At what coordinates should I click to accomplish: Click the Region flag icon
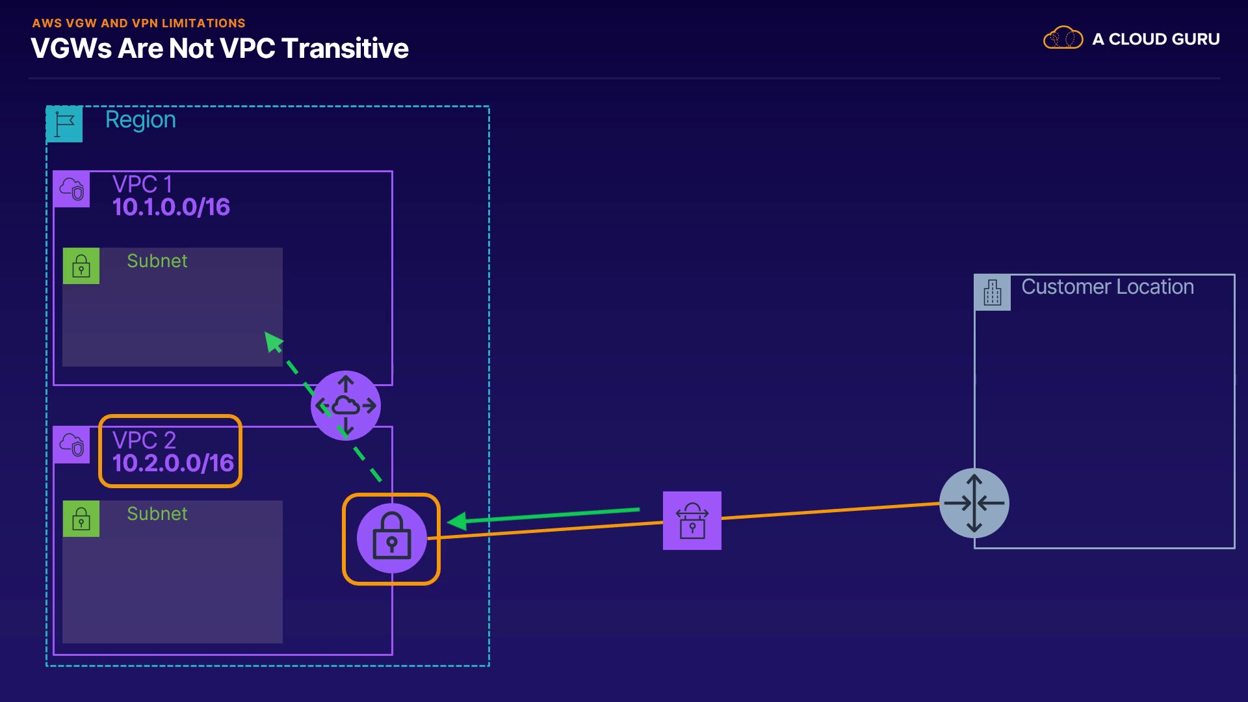[x=64, y=123]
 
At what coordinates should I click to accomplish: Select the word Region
[x=140, y=120]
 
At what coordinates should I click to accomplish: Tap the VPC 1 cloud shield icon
[x=71, y=189]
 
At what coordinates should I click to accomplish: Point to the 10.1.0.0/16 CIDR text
[x=171, y=207]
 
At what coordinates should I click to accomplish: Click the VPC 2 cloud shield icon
[x=71, y=445]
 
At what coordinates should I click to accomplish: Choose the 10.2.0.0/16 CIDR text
[x=173, y=463]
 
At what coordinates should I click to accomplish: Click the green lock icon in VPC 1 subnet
[x=81, y=266]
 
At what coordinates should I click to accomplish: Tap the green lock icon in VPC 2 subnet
[x=81, y=519]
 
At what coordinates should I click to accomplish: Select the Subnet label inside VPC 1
[x=157, y=261]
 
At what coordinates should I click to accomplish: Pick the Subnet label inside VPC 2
[x=157, y=514]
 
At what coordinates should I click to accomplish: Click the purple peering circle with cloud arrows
[x=346, y=406]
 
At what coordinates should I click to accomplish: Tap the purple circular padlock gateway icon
[x=391, y=538]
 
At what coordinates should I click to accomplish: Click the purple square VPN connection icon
[x=692, y=521]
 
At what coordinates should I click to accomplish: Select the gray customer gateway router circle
[x=974, y=503]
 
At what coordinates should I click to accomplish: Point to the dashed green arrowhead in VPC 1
[x=273, y=341]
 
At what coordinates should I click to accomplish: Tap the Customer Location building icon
[x=993, y=292]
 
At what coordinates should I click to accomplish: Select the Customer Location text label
[x=1108, y=287]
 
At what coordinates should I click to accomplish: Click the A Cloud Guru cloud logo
[x=1063, y=38]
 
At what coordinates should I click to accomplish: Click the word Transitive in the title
[x=345, y=49]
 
